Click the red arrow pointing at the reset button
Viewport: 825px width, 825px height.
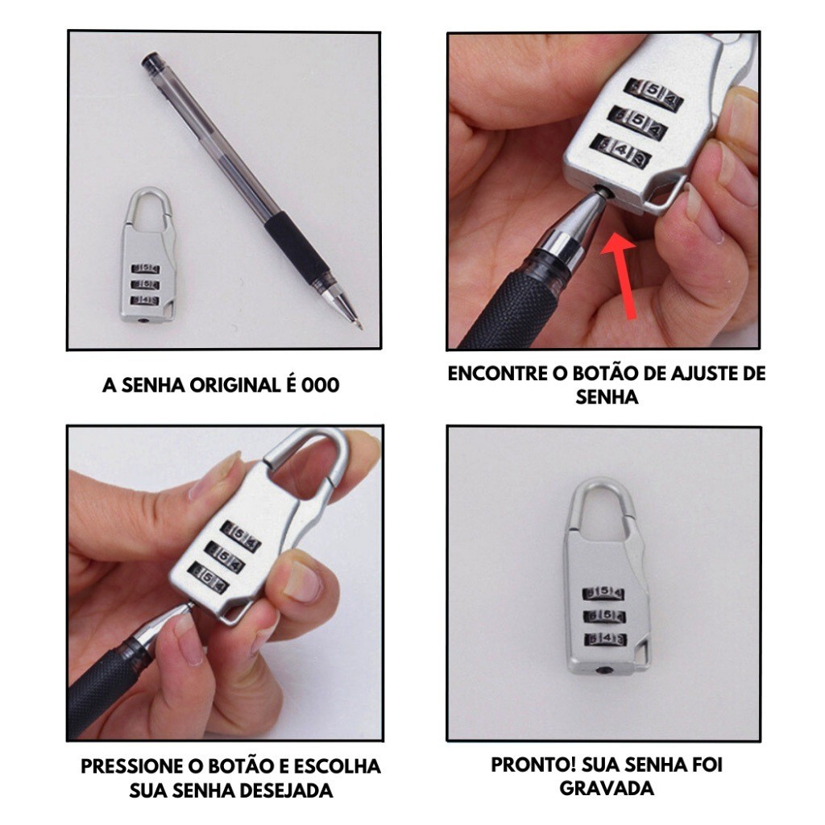coord(622,276)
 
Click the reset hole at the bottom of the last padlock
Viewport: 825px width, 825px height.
coord(604,670)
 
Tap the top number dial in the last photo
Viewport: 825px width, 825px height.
coord(603,593)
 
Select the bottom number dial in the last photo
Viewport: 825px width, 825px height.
coord(605,639)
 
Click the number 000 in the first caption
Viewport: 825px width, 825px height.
coord(320,385)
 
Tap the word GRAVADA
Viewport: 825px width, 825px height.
coord(607,788)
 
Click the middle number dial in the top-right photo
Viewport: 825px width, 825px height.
coord(638,123)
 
